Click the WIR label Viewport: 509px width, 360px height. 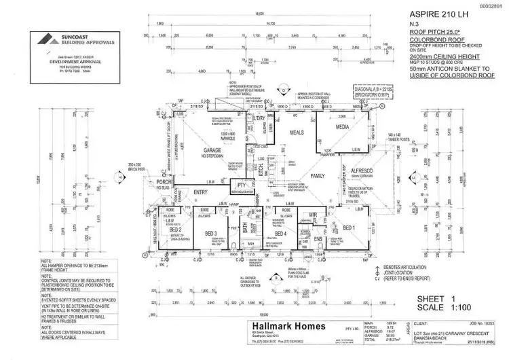tap(314, 215)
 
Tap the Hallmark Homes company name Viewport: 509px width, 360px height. tap(288, 327)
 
